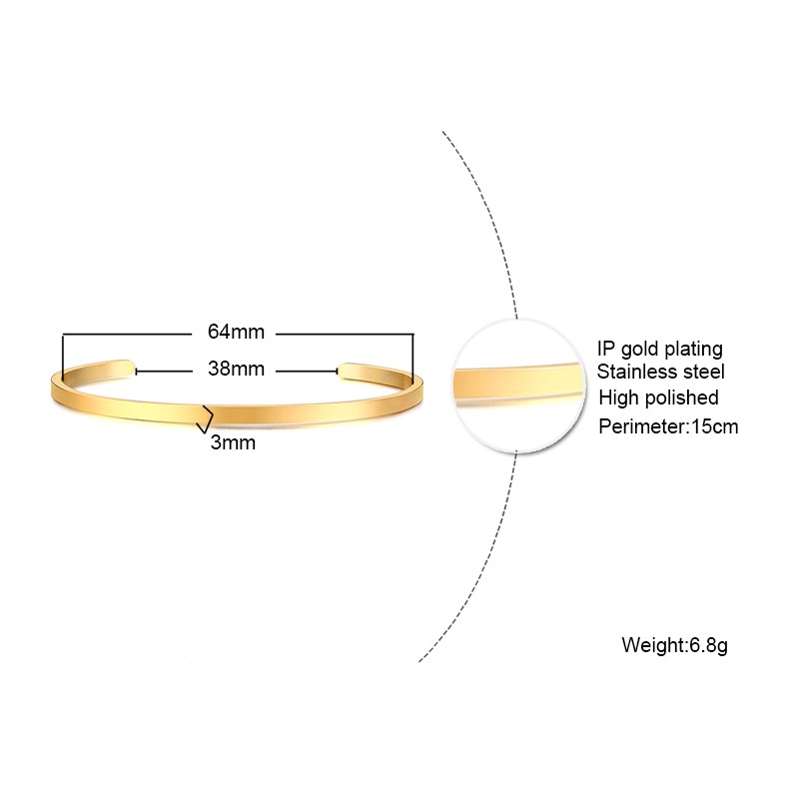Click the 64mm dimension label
[x=236, y=332]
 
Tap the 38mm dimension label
[x=236, y=369]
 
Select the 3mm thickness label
[x=233, y=442]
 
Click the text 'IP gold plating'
[x=660, y=349]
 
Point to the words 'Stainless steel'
[x=660, y=372]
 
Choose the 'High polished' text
[x=658, y=398]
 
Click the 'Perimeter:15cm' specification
[x=668, y=426]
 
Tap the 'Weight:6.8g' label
[x=675, y=645]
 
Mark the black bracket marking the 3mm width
[x=206, y=419]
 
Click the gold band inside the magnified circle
[x=517, y=381]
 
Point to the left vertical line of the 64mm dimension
[x=63, y=358]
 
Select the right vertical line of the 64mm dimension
[x=412, y=359]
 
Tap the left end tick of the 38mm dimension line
[x=136, y=372]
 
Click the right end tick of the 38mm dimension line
[x=337, y=372]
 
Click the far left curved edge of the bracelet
[x=53, y=388]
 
